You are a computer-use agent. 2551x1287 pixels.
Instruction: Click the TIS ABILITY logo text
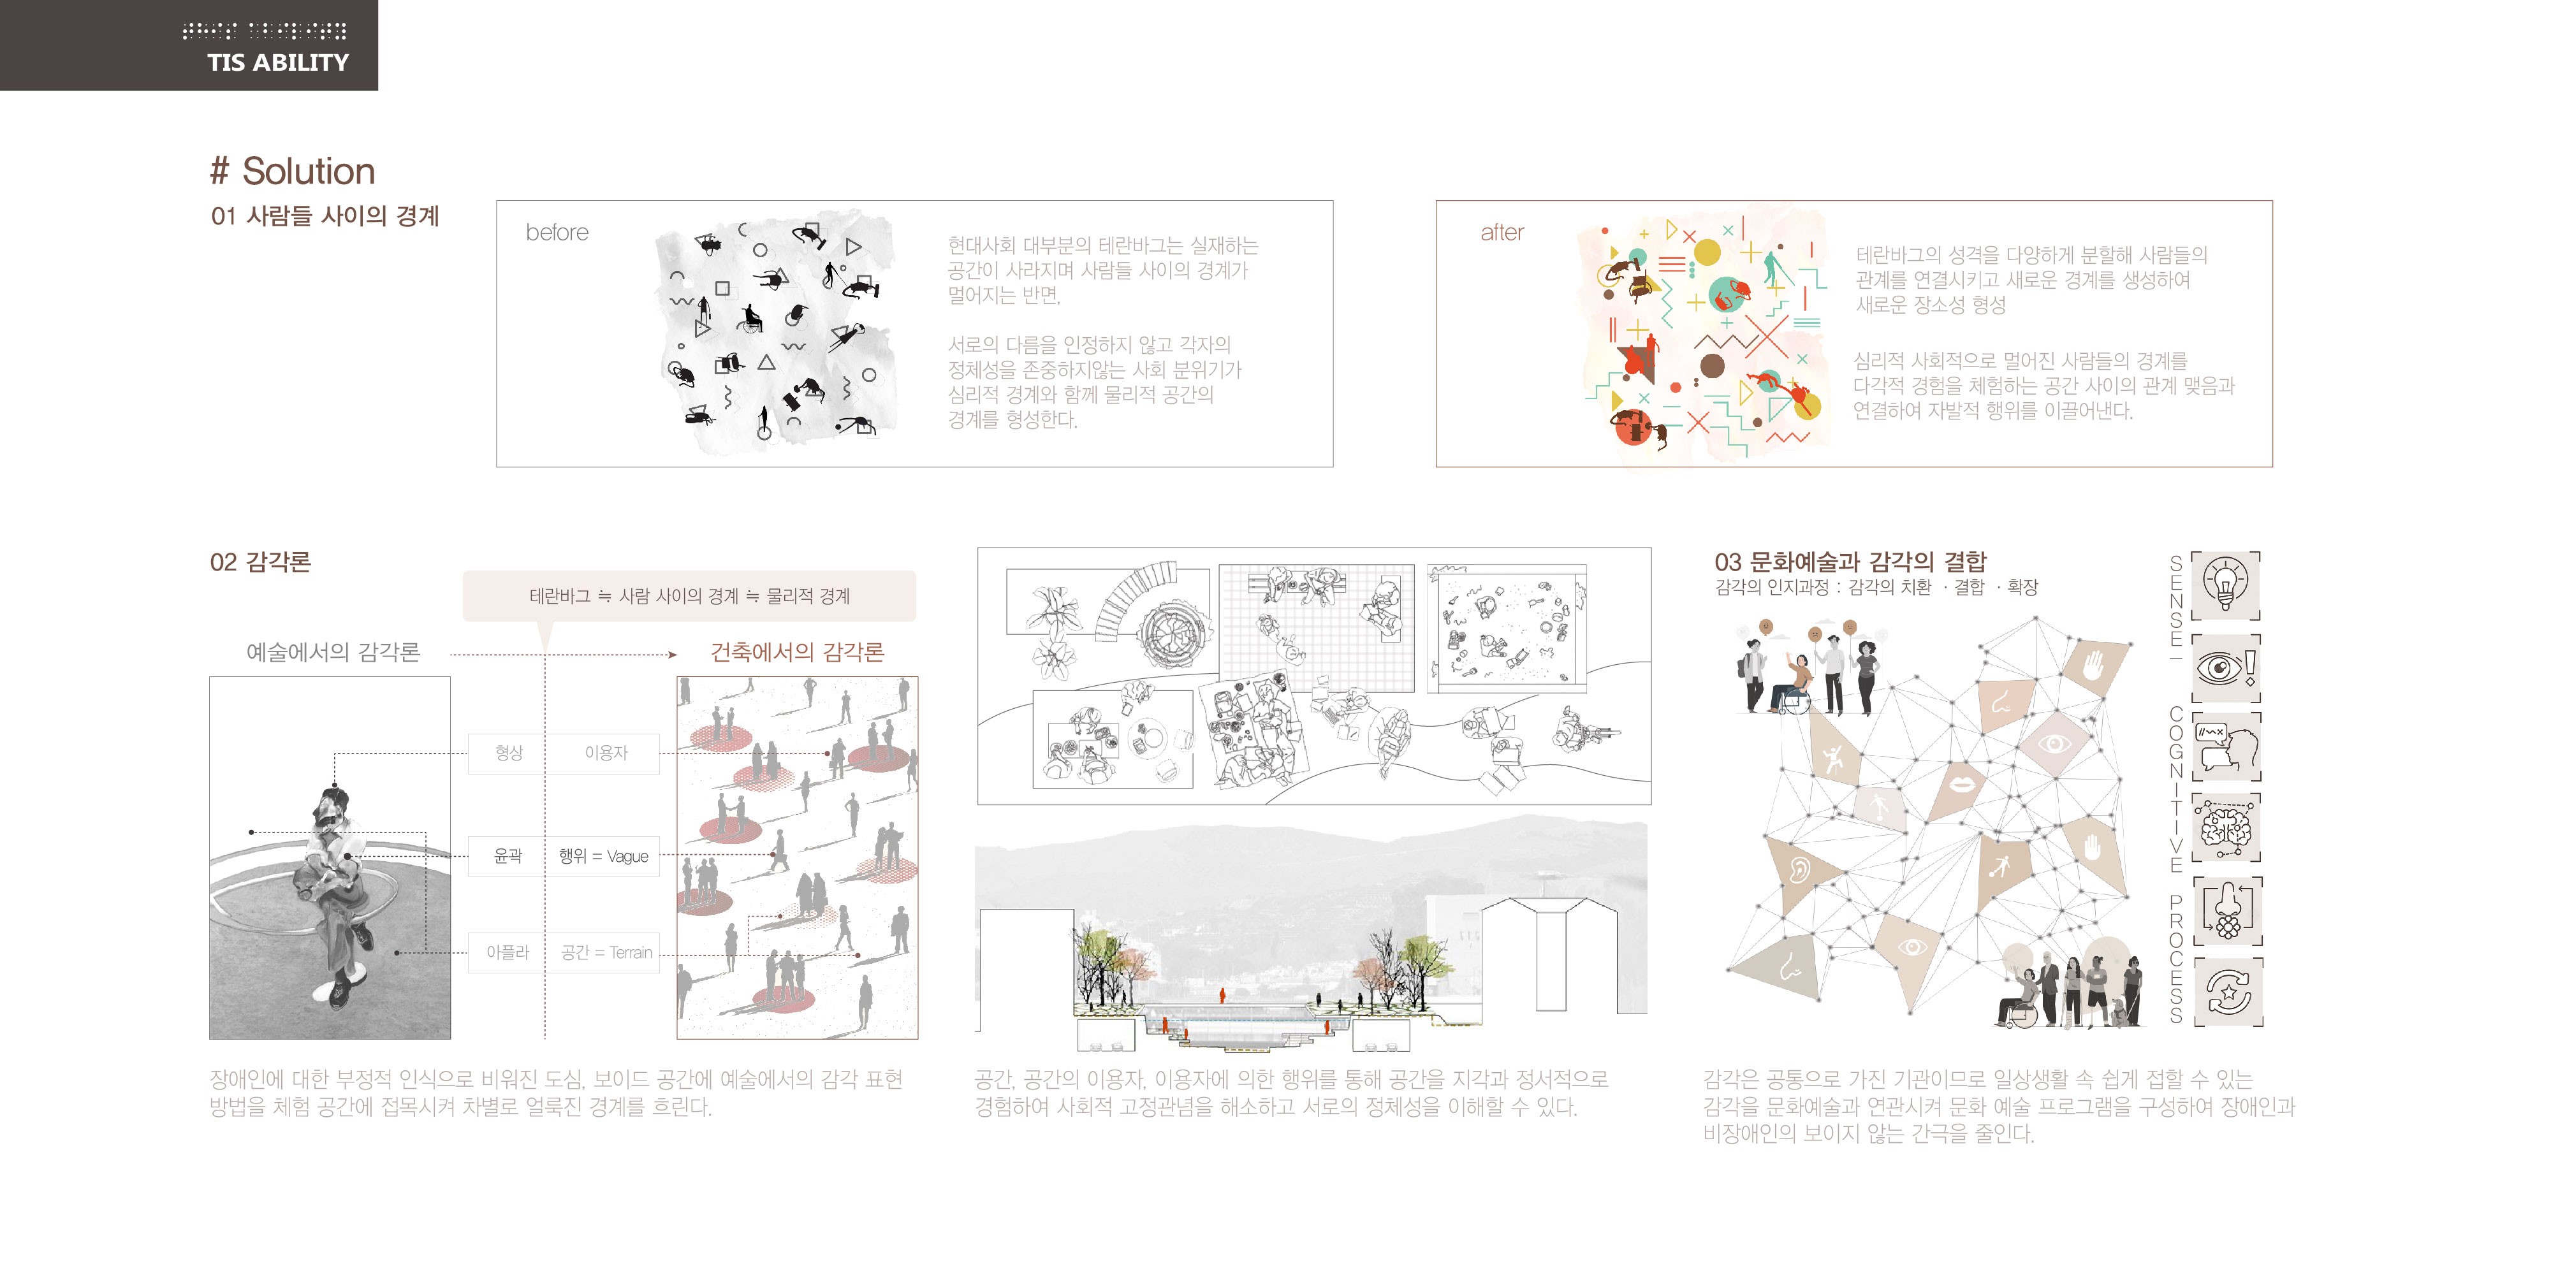click(278, 62)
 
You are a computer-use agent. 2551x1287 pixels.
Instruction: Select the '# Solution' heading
click(293, 171)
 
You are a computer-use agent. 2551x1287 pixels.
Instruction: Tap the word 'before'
click(557, 233)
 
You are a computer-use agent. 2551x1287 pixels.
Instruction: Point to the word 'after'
click(1502, 233)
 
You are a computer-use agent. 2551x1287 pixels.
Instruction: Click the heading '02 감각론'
click(260, 562)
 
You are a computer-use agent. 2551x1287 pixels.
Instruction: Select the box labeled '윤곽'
click(508, 855)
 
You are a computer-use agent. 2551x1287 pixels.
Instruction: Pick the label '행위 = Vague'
click(603, 856)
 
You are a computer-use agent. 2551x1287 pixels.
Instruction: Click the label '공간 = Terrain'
click(606, 952)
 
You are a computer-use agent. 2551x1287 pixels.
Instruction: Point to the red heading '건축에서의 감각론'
click(797, 652)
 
